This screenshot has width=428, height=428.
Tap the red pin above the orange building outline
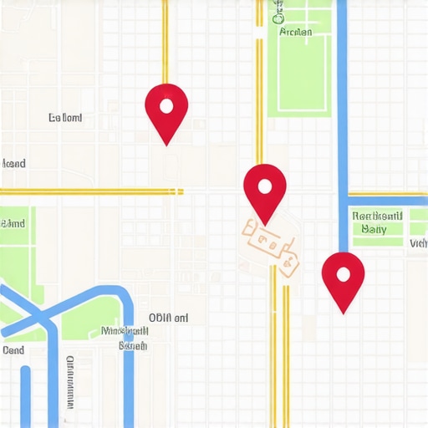point(265,188)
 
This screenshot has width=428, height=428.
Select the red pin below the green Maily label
point(344,276)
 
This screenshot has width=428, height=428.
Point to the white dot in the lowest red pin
point(343,273)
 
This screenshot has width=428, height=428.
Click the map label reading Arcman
point(296,33)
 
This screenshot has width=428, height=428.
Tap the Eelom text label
point(66,119)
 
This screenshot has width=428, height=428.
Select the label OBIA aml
point(169,318)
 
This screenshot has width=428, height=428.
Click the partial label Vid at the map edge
point(419,244)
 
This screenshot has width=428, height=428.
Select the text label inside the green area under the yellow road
point(13,224)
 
